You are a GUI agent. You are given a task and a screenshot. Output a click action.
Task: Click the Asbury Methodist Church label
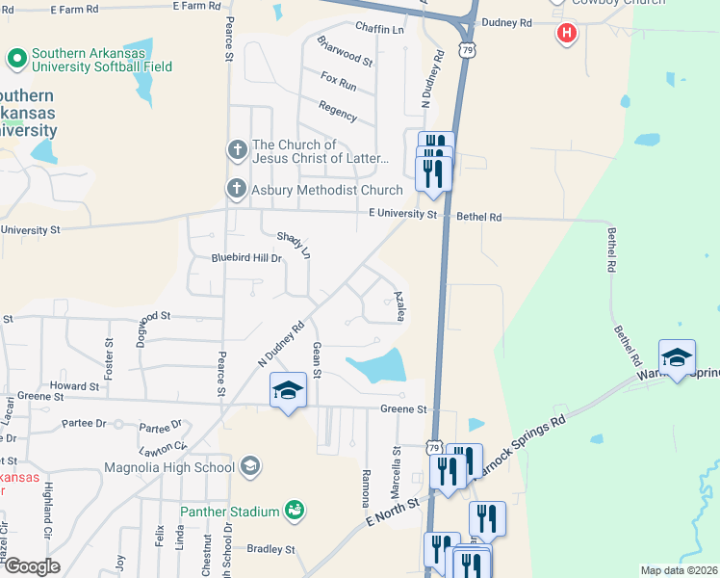(x=326, y=190)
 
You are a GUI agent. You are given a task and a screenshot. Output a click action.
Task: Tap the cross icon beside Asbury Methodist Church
(x=237, y=189)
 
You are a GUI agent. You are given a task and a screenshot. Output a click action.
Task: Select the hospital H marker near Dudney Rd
(x=567, y=34)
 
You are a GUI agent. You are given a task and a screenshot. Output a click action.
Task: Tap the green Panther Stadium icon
(x=296, y=510)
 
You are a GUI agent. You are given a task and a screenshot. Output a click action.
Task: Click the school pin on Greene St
(x=288, y=390)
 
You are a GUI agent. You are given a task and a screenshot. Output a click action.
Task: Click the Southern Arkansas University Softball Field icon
(x=15, y=60)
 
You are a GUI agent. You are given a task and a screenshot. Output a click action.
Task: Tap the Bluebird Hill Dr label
(x=246, y=258)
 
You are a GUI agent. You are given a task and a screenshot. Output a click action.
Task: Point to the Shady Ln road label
(x=294, y=245)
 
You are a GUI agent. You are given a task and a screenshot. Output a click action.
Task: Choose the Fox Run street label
(x=339, y=86)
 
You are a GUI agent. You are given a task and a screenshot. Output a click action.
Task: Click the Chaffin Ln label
(x=379, y=29)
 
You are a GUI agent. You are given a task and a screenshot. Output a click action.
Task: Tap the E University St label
(x=402, y=214)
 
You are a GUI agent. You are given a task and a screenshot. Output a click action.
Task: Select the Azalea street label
(x=397, y=307)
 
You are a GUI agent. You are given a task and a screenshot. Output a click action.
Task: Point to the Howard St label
(x=74, y=385)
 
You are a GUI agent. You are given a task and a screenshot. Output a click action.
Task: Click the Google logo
(x=32, y=566)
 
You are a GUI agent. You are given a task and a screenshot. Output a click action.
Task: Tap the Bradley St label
(x=270, y=549)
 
